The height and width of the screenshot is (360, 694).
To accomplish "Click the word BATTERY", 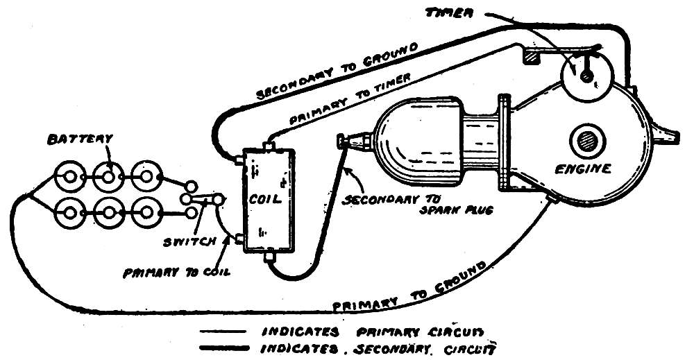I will tap(79, 138).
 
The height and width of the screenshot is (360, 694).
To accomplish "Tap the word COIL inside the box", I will tap(264, 199).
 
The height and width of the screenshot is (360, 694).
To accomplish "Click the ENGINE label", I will tap(586, 168).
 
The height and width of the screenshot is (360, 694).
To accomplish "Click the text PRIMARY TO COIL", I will tap(176, 273).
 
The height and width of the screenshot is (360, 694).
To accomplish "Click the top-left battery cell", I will tap(69, 176).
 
